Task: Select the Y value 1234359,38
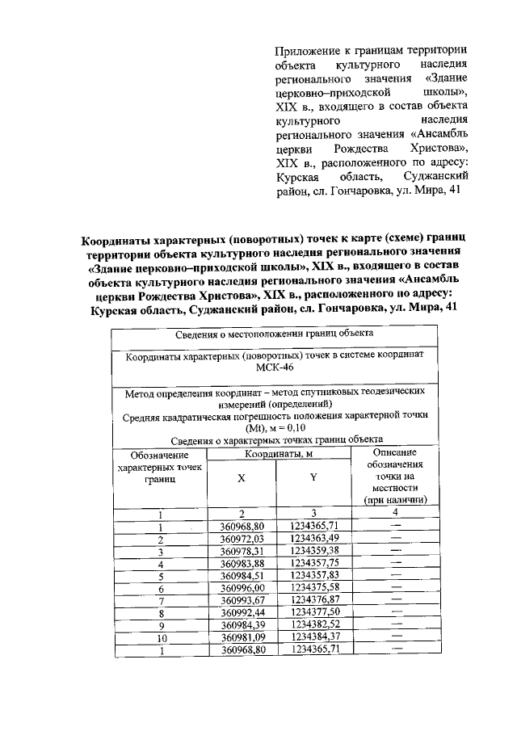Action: [x=313, y=551]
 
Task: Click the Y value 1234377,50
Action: [x=313, y=612]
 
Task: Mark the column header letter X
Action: [x=241, y=478]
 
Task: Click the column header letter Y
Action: [x=313, y=478]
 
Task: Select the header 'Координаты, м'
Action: [x=278, y=455]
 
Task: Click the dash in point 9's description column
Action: [x=395, y=624]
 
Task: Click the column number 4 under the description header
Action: [x=395, y=513]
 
